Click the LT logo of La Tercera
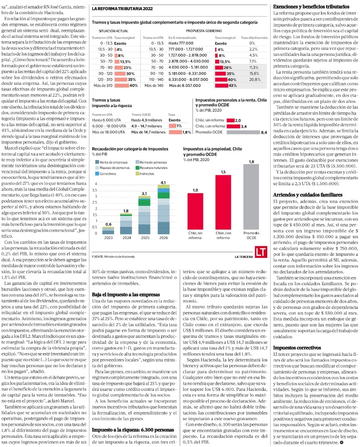[261, 252]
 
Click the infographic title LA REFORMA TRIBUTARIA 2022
[122, 9]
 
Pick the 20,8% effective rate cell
[255, 79]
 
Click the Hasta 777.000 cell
[181, 43]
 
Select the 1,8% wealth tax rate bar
[175, 132]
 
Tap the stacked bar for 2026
[163, 210]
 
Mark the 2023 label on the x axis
[108, 238]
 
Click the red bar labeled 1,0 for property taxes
[195, 211]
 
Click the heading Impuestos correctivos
[297, 348]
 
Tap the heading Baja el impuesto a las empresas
[126, 294]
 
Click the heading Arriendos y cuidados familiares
[308, 195]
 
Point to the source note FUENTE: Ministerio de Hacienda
[113, 256]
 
